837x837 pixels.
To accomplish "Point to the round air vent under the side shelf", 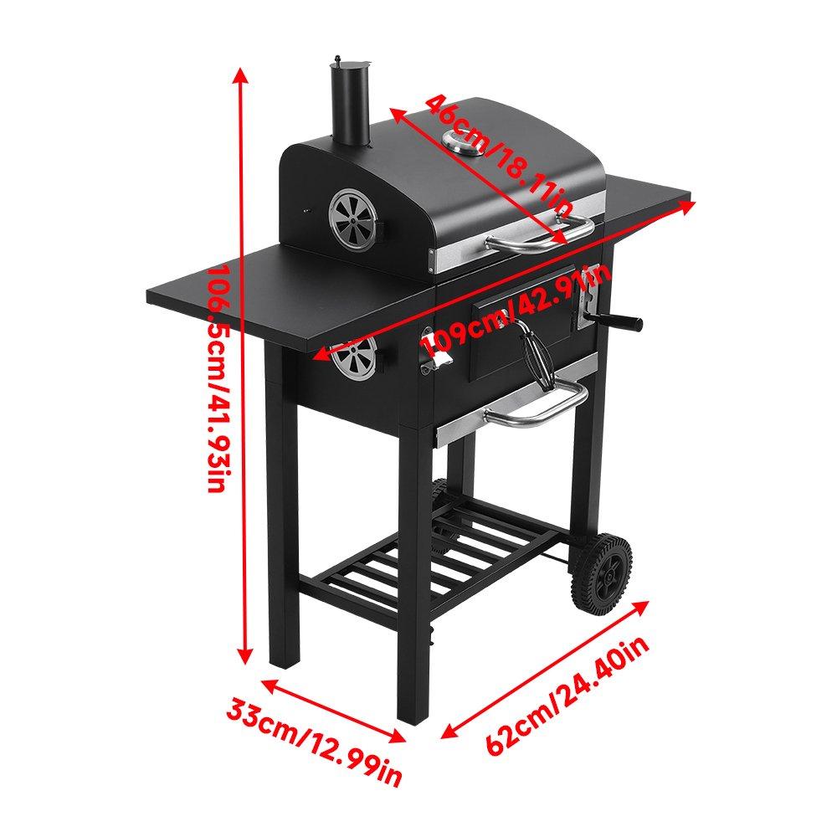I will (355, 362).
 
